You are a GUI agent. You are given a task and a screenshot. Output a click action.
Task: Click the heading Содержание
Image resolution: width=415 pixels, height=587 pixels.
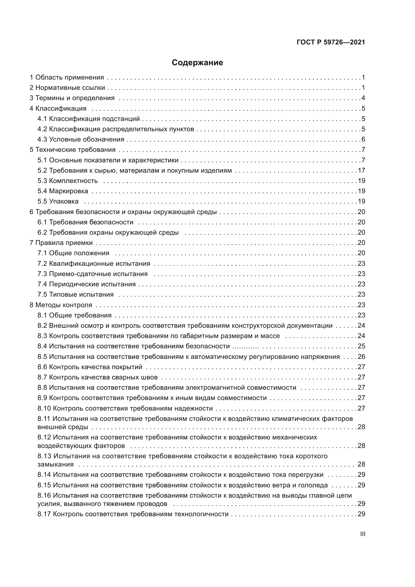[197, 63]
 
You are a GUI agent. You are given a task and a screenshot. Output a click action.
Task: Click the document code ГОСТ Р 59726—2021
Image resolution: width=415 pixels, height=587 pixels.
[331, 42]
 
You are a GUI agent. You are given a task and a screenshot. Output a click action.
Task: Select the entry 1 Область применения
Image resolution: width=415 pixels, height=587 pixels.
[67, 78]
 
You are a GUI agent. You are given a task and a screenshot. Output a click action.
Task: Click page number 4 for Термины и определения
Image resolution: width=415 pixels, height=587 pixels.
[363, 98]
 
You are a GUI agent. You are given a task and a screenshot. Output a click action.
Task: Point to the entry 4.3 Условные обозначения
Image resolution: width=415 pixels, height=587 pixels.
[81, 140]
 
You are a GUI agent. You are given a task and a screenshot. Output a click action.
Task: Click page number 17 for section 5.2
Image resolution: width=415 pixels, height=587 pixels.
[361, 170]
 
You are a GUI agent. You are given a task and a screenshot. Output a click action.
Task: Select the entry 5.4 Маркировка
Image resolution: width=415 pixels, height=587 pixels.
[63, 191]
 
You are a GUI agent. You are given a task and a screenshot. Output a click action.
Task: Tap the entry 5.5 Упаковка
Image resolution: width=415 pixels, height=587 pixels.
[58, 202]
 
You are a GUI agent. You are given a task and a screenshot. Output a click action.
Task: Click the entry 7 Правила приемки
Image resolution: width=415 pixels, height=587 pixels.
[61, 243]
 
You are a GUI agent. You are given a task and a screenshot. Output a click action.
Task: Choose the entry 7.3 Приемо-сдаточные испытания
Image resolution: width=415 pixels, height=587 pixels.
[93, 274]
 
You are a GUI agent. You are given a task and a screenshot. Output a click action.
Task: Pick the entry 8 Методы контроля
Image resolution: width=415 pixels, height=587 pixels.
[61, 305]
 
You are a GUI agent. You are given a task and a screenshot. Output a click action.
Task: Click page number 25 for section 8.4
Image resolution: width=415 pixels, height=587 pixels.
[361, 346]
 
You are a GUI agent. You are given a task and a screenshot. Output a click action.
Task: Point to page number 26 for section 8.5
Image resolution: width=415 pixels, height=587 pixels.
[361, 357]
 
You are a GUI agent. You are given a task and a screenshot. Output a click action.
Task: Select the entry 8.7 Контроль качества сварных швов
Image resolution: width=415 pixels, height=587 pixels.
[97, 377]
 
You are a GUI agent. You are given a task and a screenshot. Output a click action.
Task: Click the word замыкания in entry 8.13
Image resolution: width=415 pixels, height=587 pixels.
[55, 465]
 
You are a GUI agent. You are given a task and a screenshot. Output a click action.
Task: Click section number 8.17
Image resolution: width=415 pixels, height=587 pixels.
[44, 514]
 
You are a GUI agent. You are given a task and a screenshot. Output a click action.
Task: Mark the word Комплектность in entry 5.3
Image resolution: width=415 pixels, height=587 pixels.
[73, 181]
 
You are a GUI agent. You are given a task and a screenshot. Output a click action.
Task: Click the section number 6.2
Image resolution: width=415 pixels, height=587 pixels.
[42, 233]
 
